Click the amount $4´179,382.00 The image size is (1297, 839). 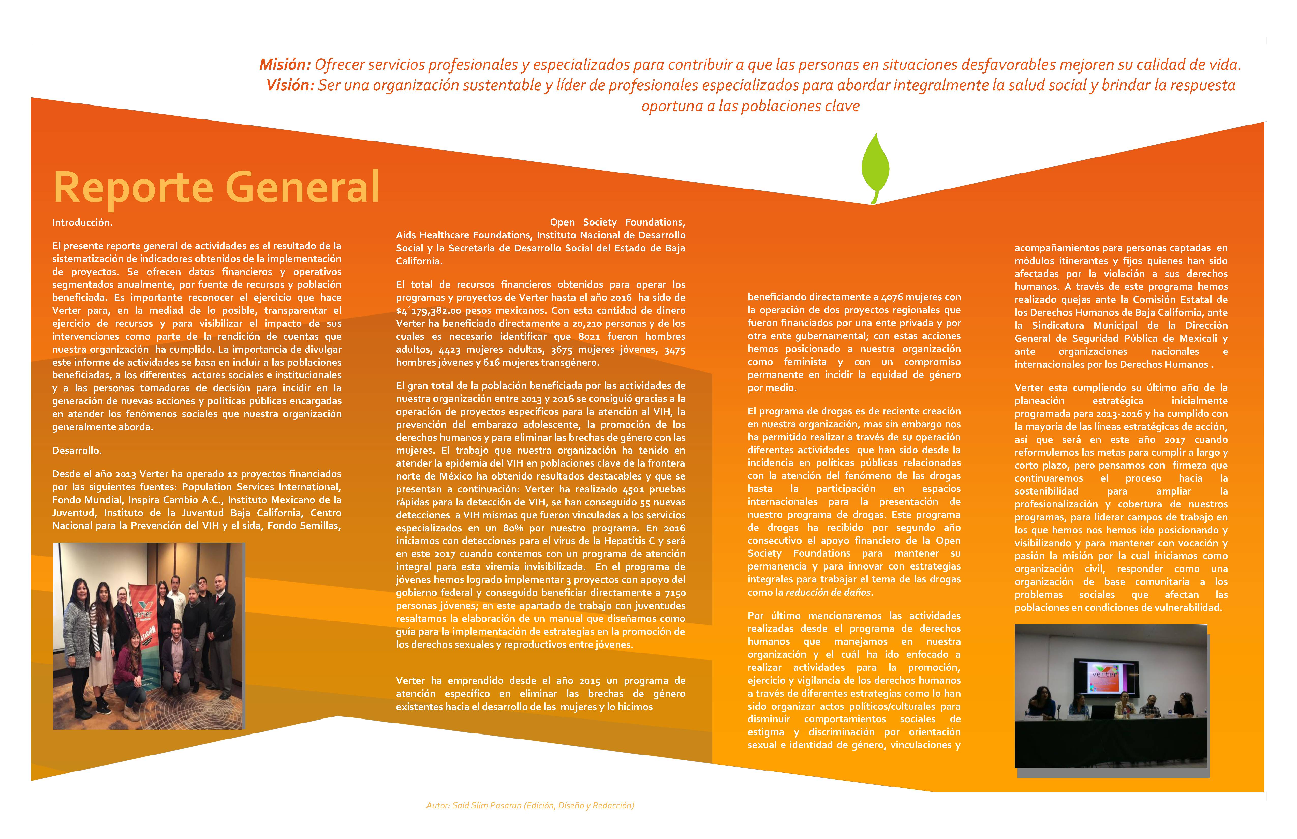pyautogui.click(x=428, y=310)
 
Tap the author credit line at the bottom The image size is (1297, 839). pyautogui.click(x=530, y=805)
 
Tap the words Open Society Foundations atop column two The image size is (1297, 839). pyautogui.click(x=617, y=222)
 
